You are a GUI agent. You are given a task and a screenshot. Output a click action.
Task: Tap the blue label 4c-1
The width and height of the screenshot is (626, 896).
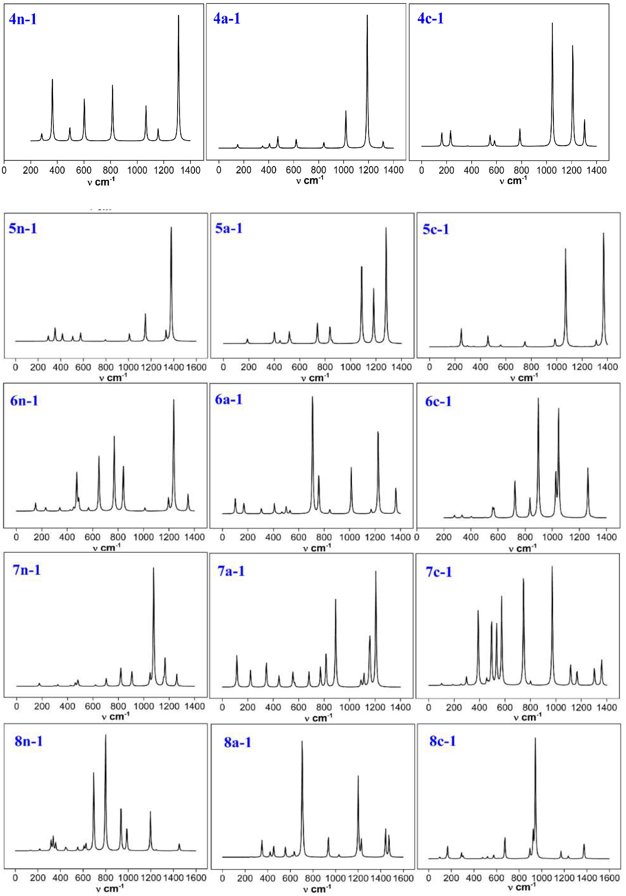coord(431,19)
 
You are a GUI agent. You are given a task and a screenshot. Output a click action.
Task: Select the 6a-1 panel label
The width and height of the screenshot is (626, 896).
coord(229,400)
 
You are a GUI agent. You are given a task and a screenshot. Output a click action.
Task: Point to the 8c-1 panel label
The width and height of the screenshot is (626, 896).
coord(443,741)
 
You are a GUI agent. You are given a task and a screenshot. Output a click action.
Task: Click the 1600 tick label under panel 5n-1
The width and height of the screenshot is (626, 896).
coord(196,367)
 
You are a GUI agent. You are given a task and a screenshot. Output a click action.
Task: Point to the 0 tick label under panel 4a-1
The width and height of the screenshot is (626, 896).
coord(219,170)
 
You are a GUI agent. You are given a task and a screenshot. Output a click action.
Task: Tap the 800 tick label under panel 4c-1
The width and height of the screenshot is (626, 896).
coord(521,170)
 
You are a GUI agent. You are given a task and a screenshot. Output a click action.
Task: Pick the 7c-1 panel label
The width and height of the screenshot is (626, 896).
coord(439,572)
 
